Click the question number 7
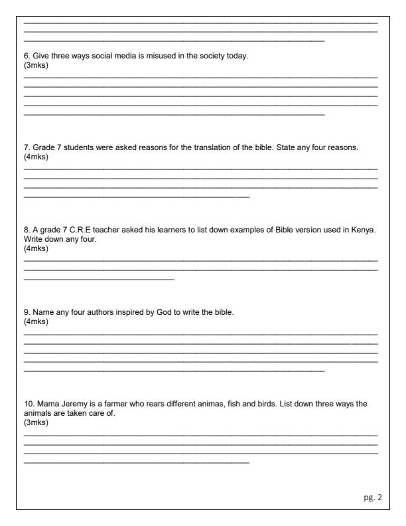(x=27, y=148)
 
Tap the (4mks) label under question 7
(x=35, y=157)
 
